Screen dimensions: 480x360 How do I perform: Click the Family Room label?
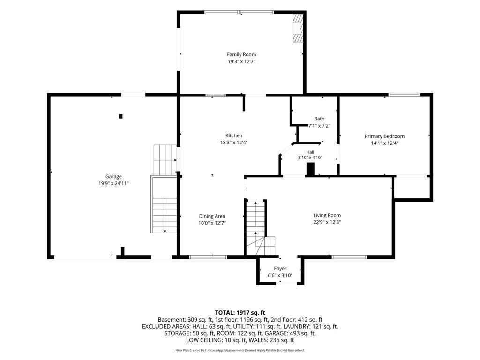[241, 54]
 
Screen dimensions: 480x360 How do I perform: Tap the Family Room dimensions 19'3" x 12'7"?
[241, 61]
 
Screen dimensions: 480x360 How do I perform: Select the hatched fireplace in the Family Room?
[297, 28]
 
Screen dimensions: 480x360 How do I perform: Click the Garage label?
[113, 177]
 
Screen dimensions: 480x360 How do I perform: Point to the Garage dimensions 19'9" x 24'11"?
[113, 183]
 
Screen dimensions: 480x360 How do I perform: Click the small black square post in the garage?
[120, 116]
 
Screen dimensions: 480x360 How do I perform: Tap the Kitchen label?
[234, 135]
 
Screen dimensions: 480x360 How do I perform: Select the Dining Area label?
[212, 216]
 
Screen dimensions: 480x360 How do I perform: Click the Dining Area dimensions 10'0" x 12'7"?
[212, 223]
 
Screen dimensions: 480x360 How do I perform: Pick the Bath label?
[319, 119]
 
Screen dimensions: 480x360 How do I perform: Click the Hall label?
[310, 152]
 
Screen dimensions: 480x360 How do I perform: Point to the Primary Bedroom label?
[384, 136]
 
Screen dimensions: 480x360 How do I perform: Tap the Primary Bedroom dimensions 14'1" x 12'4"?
[384, 143]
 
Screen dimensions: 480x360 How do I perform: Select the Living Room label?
[327, 215]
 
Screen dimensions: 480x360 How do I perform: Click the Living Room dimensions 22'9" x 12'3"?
[327, 222]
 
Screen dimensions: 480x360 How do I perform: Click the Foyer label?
[280, 269]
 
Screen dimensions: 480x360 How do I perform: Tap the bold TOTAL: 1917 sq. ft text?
[240, 313]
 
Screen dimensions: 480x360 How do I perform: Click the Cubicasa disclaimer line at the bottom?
[240, 350]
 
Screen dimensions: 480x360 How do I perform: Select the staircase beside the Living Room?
[260, 228]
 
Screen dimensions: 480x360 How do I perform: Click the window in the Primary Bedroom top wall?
[405, 95]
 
